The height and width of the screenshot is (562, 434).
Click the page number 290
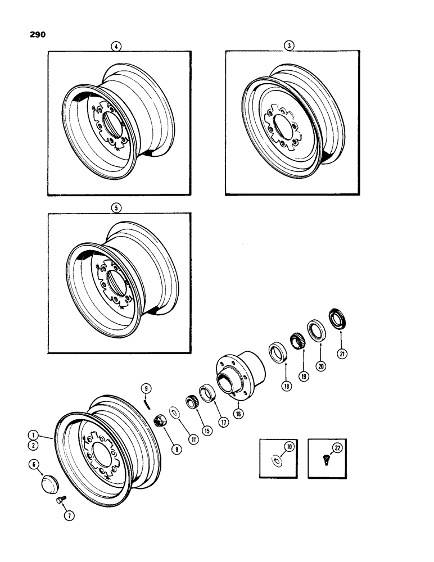(x=35, y=35)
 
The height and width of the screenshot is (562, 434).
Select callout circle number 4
(x=116, y=47)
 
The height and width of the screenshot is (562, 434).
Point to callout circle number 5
(x=116, y=207)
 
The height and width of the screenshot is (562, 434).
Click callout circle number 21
(x=342, y=353)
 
